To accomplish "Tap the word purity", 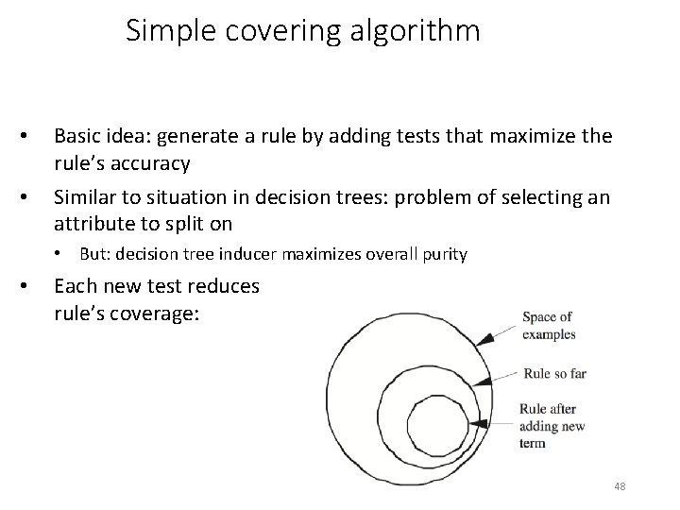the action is pyautogui.click(x=445, y=254).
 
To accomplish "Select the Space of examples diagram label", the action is pyautogui.click(x=549, y=326).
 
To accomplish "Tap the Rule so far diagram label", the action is pyautogui.click(x=555, y=373).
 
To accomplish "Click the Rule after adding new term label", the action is pyautogui.click(x=552, y=426).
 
